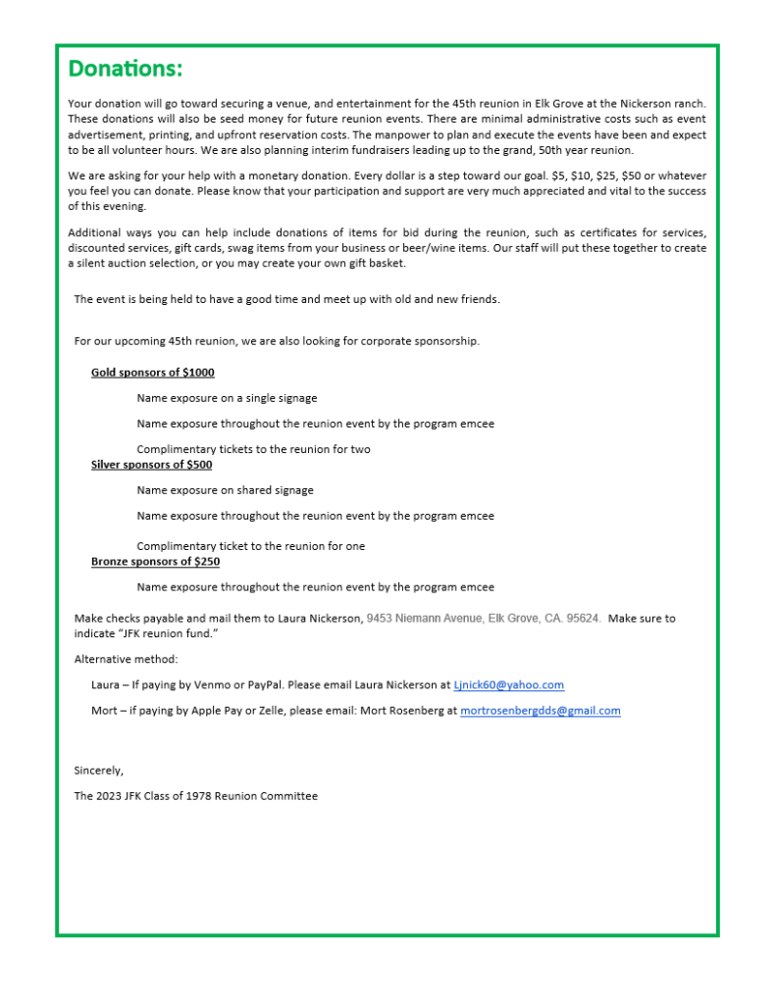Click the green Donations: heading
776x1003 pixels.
click(x=125, y=70)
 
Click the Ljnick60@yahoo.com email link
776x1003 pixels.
click(x=508, y=685)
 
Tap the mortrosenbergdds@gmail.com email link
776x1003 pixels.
click(x=540, y=711)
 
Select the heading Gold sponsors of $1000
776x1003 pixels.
click(x=152, y=373)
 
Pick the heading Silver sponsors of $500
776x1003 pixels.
click(x=151, y=465)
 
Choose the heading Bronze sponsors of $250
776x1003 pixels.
click(x=155, y=562)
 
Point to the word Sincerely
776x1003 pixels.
click(x=99, y=771)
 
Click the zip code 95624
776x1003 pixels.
click(x=584, y=619)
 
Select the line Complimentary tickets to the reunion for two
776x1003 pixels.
click(x=253, y=449)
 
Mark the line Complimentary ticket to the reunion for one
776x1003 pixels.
click(x=250, y=546)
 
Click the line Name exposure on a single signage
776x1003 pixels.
click(x=227, y=398)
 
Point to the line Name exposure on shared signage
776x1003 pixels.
click(x=225, y=490)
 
